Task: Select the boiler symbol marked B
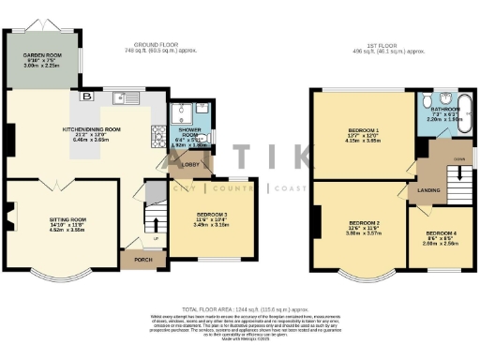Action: coord(87,96)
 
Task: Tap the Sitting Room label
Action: coord(67,220)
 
